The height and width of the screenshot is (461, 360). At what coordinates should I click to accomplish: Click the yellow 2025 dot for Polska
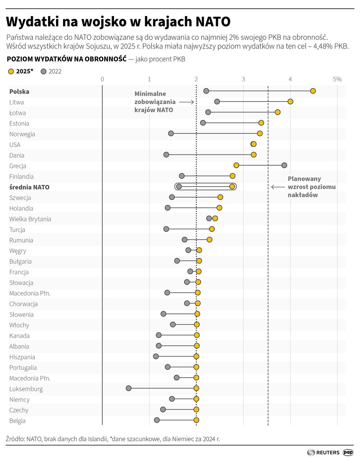pyautogui.click(x=313, y=91)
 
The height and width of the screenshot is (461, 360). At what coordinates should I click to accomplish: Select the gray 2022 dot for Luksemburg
pyautogui.click(x=128, y=388)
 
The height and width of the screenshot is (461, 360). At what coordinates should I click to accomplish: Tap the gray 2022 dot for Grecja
pyautogui.click(x=284, y=165)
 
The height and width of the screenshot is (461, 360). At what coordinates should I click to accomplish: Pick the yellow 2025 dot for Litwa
pyautogui.click(x=290, y=102)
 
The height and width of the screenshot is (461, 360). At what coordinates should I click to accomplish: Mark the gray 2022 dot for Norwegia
pyautogui.click(x=171, y=133)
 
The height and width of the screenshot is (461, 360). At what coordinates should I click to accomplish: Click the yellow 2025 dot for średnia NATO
pyautogui.click(x=232, y=187)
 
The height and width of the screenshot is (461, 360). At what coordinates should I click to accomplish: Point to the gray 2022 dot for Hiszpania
pyautogui.click(x=156, y=356)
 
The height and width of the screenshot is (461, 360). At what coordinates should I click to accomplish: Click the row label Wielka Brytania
pyautogui.click(x=30, y=219)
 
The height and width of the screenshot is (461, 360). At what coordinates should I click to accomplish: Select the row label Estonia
pyautogui.click(x=19, y=123)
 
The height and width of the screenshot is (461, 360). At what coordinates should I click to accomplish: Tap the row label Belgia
pyautogui.click(x=18, y=421)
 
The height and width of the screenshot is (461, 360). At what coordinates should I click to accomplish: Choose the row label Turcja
pyautogui.click(x=17, y=230)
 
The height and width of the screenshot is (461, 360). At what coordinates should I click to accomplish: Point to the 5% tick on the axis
pyautogui.click(x=337, y=79)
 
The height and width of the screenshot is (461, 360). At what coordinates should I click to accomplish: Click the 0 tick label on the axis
pyautogui.click(x=102, y=79)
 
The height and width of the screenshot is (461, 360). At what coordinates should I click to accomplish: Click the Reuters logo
pyautogui.click(x=323, y=452)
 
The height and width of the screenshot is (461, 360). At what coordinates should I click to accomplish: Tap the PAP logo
pyautogui.click(x=348, y=452)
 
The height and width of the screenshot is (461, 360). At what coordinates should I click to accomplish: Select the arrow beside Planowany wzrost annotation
pyautogui.click(x=278, y=187)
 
